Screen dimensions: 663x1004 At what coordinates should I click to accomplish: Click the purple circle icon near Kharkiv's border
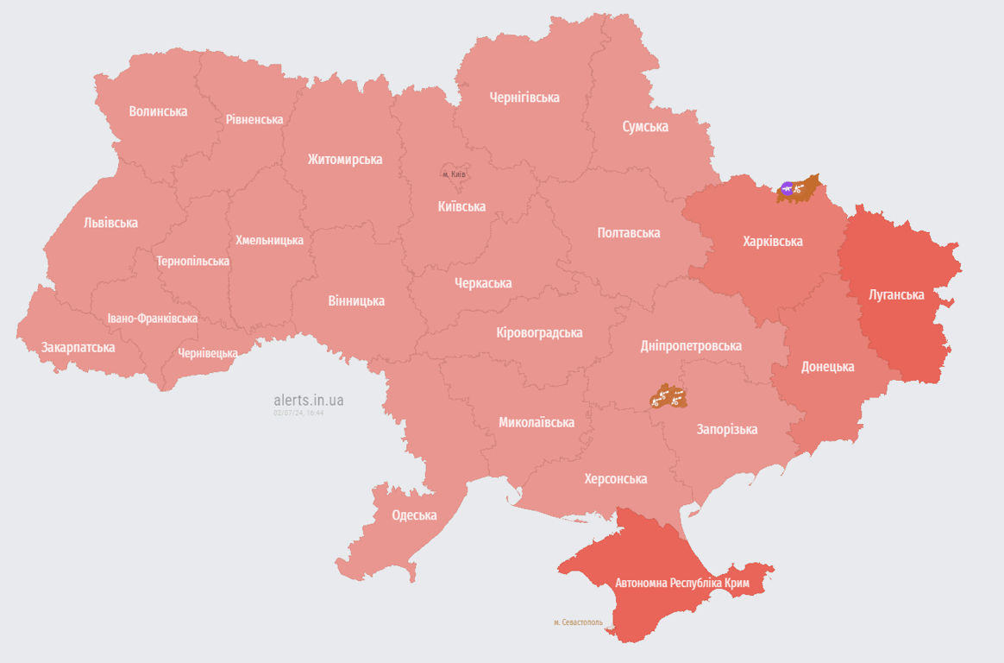pos(787,187)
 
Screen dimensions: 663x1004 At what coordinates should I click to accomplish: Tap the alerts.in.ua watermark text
pos(309,400)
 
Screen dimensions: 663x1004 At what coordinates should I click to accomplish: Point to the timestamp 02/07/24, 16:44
pos(298,413)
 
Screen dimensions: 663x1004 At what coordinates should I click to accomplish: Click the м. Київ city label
pos(454,174)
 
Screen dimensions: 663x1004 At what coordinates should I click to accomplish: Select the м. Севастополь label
pos(578,622)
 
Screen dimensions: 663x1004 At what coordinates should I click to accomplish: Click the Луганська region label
pos(896,294)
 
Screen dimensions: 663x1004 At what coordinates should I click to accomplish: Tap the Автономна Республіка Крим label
pos(681,584)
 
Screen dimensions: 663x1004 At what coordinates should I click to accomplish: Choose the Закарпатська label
pos(78,347)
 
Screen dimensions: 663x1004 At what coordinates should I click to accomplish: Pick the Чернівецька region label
pos(208,353)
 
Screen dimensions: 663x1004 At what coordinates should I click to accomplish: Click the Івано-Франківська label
pos(152,319)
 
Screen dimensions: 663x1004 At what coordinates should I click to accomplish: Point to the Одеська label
pos(414,515)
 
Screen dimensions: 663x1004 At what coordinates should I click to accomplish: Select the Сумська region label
pos(645,126)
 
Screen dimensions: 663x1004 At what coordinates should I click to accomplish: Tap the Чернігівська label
pos(524,98)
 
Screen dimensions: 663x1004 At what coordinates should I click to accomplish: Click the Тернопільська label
pos(192,261)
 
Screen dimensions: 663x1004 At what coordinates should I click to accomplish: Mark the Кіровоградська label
pos(539,332)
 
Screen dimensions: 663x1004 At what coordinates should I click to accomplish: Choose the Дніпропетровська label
pos(690,345)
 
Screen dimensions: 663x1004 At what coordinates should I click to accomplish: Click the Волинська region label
pos(158,111)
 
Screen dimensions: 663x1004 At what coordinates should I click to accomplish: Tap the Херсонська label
pos(615,479)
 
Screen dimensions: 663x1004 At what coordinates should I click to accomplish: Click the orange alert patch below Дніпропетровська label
pos(668,397)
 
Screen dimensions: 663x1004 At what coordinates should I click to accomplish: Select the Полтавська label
pos(628,233)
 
